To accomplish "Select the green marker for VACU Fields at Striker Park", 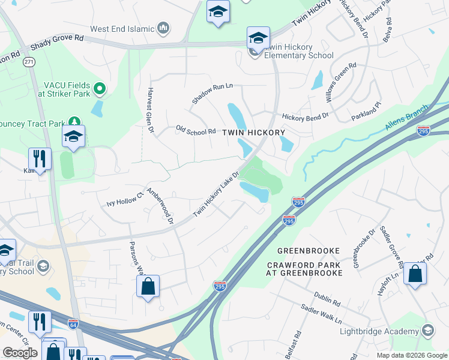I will click(x=100, y=90).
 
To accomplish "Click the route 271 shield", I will click(x=29, y=62).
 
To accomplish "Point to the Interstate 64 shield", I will click(x=73, y=323).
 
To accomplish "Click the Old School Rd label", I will click(x=196, y=130).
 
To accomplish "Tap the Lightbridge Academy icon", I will click(x=428, y=331).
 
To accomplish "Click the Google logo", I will click(x=20, y=353).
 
